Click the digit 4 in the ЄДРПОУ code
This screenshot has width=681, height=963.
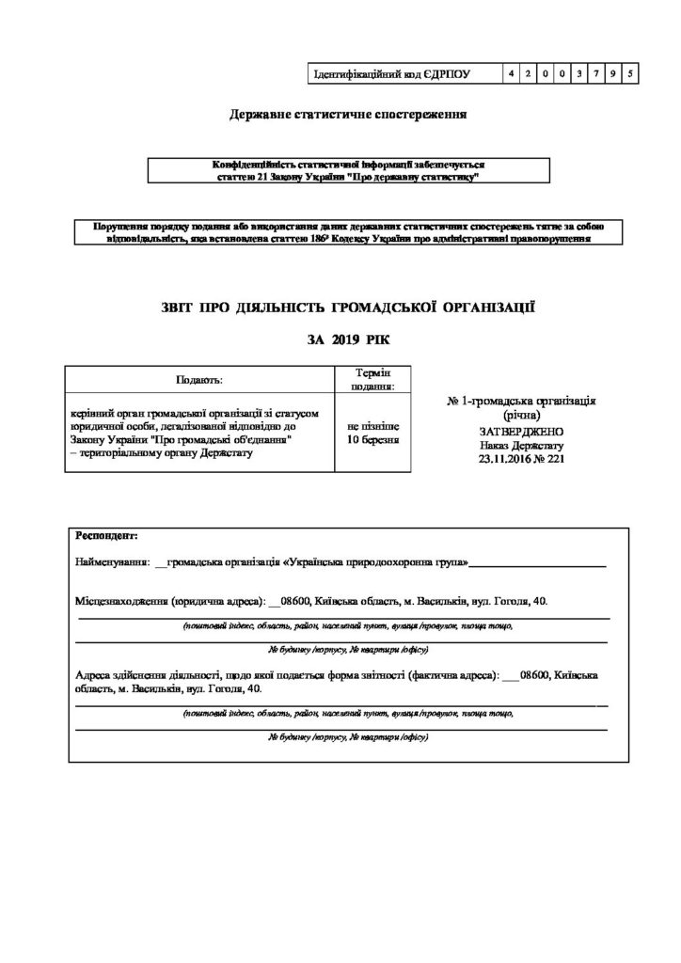508,72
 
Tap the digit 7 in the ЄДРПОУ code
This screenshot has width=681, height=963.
595,72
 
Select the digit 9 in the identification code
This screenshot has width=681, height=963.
612,72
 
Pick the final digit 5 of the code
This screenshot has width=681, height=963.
629,72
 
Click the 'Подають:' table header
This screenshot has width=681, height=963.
199,380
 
